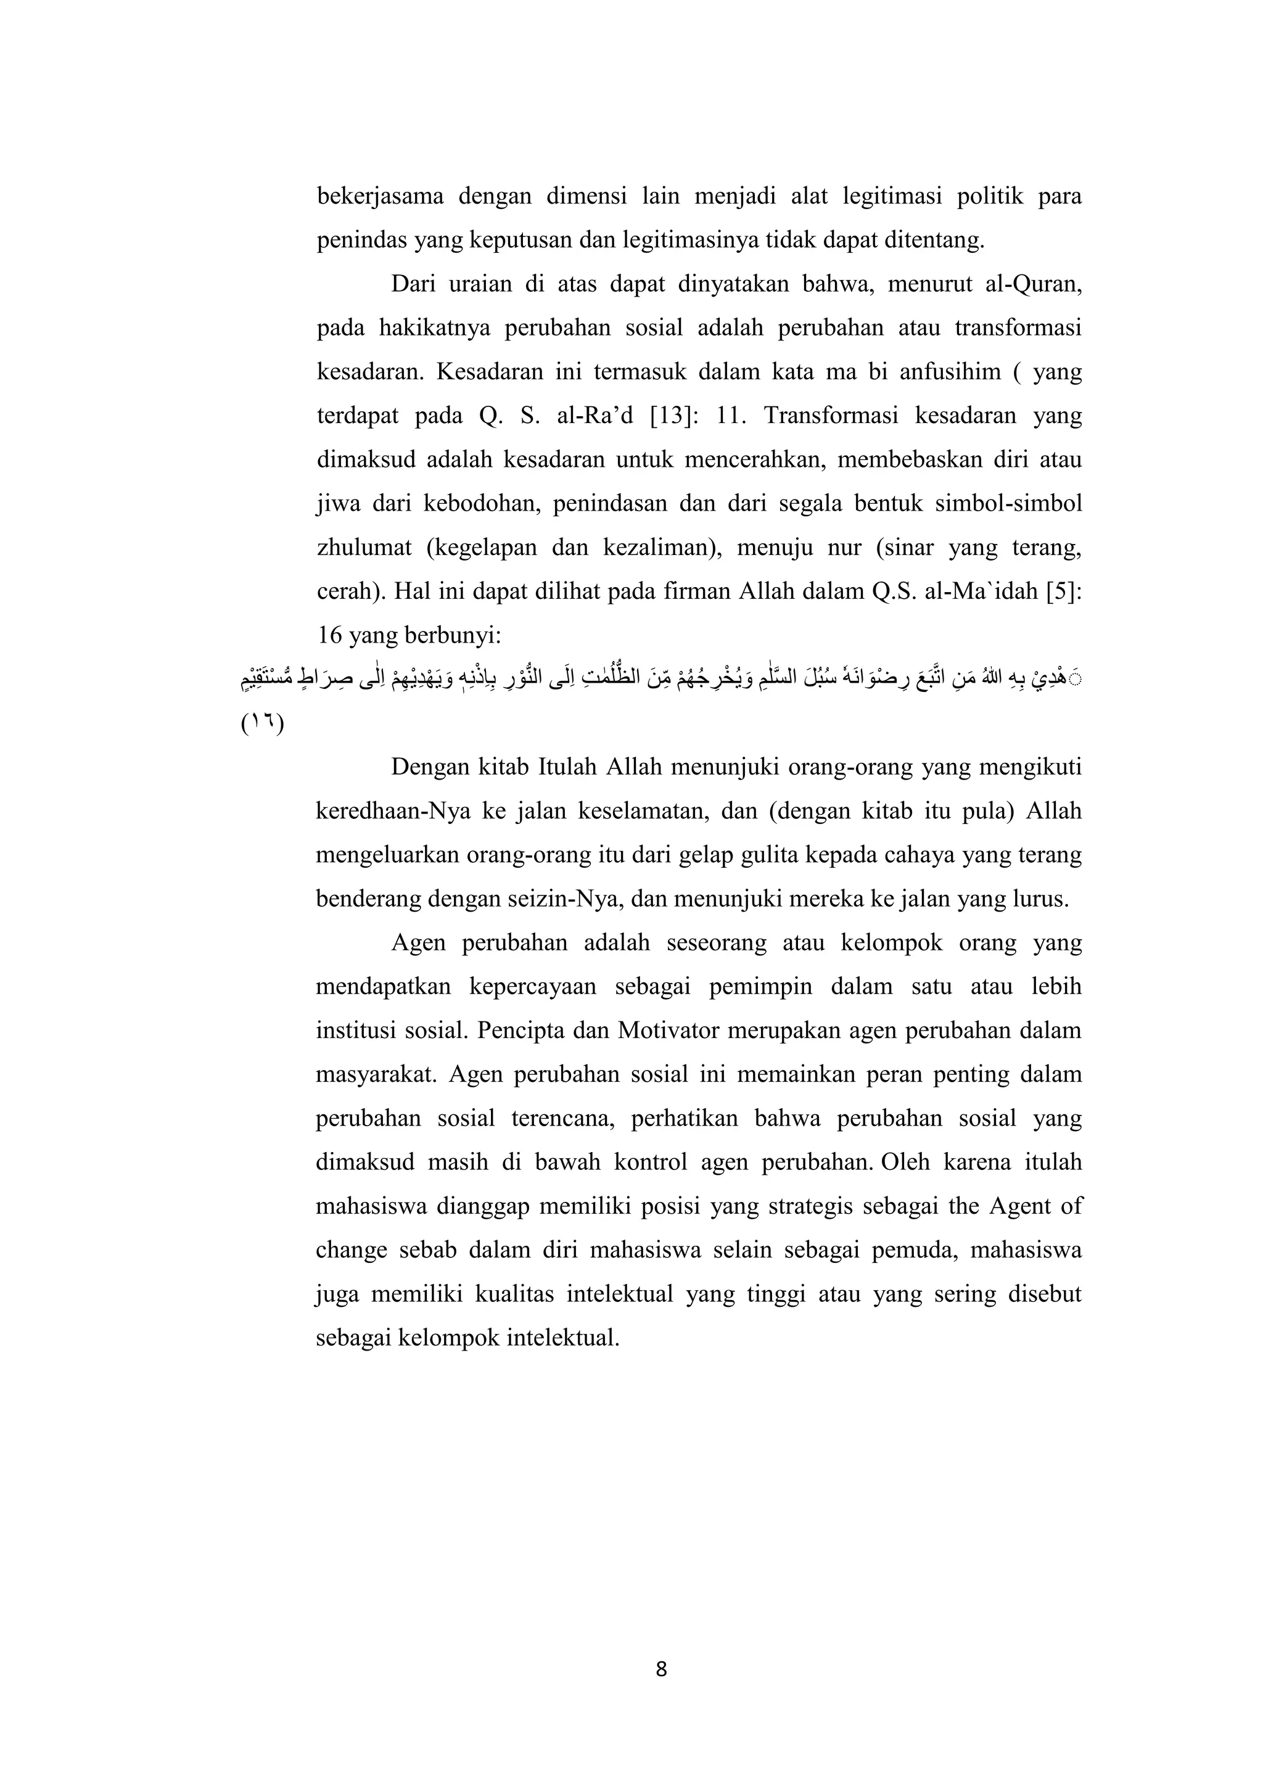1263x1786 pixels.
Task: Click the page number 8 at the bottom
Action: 661,1669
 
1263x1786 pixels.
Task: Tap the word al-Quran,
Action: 1034,284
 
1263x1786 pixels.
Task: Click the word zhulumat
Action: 364,548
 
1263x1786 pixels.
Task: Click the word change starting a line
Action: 352,1250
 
